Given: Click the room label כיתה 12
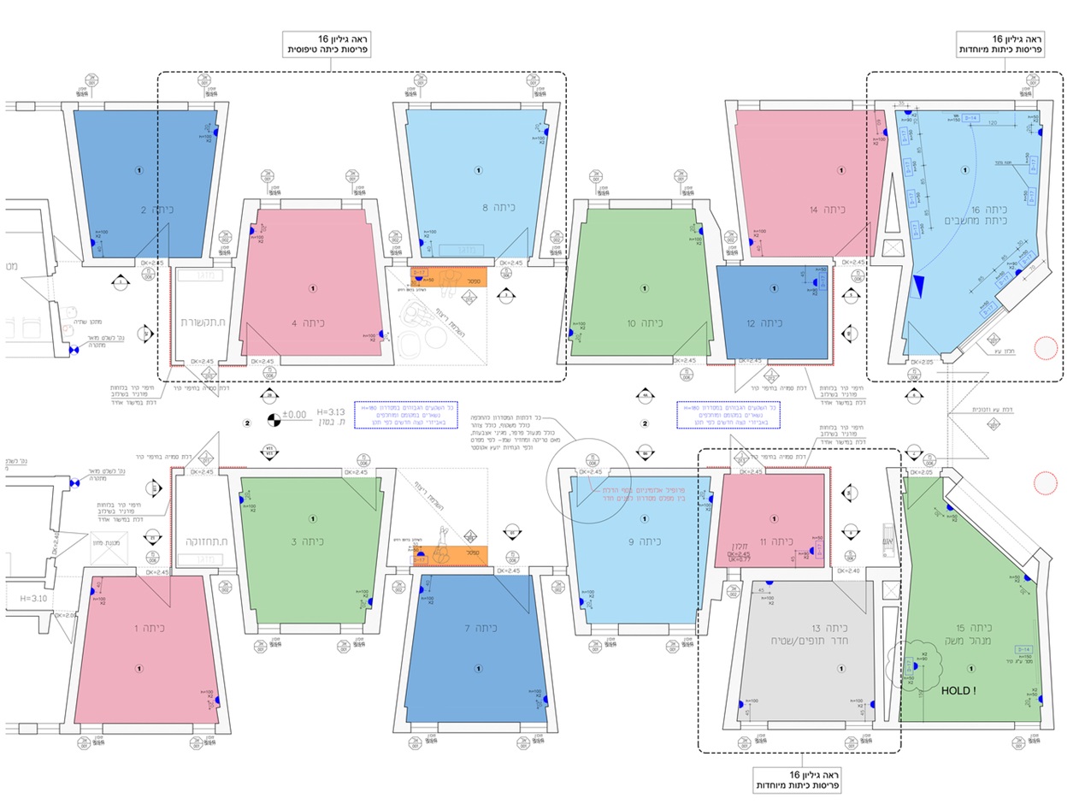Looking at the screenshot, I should point(763,323).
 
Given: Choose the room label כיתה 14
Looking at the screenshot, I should point(828,210).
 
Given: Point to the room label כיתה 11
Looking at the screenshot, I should point(776,542).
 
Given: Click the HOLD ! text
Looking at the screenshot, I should point(958,690).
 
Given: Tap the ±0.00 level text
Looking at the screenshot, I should point(294,415).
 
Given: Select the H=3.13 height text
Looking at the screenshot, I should point(330,411).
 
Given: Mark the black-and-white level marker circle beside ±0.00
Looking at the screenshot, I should point(273,419).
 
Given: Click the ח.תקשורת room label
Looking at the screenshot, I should point(202,323).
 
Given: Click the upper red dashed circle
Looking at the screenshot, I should point(1045,347).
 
